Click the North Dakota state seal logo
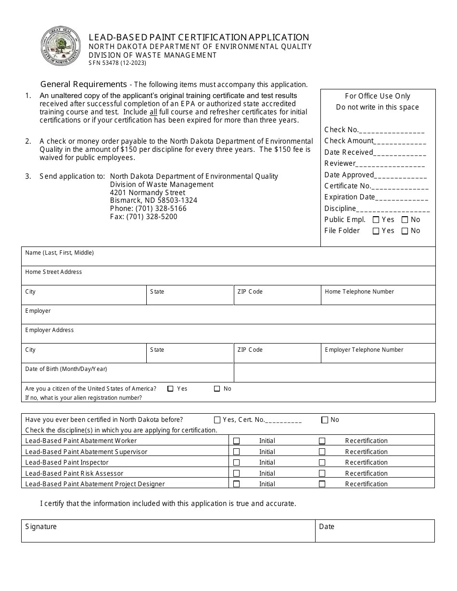coord(61,46)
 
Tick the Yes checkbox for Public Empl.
coord(376,220)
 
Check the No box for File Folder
coord(405,231)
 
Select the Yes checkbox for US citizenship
coord(170,389)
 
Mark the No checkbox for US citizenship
coord(217,389)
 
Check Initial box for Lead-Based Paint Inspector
coord(236,463)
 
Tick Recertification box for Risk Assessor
coord(322,473)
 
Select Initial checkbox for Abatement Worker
coord(236,441)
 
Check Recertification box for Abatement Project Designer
coord(322,484)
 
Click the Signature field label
coord(41,527)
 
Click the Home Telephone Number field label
coord(359,292)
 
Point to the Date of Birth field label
coord(66,369)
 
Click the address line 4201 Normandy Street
coord(147,193)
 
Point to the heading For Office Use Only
coord(377,96)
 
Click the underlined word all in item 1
coord(153,112)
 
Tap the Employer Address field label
coord(50,330)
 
